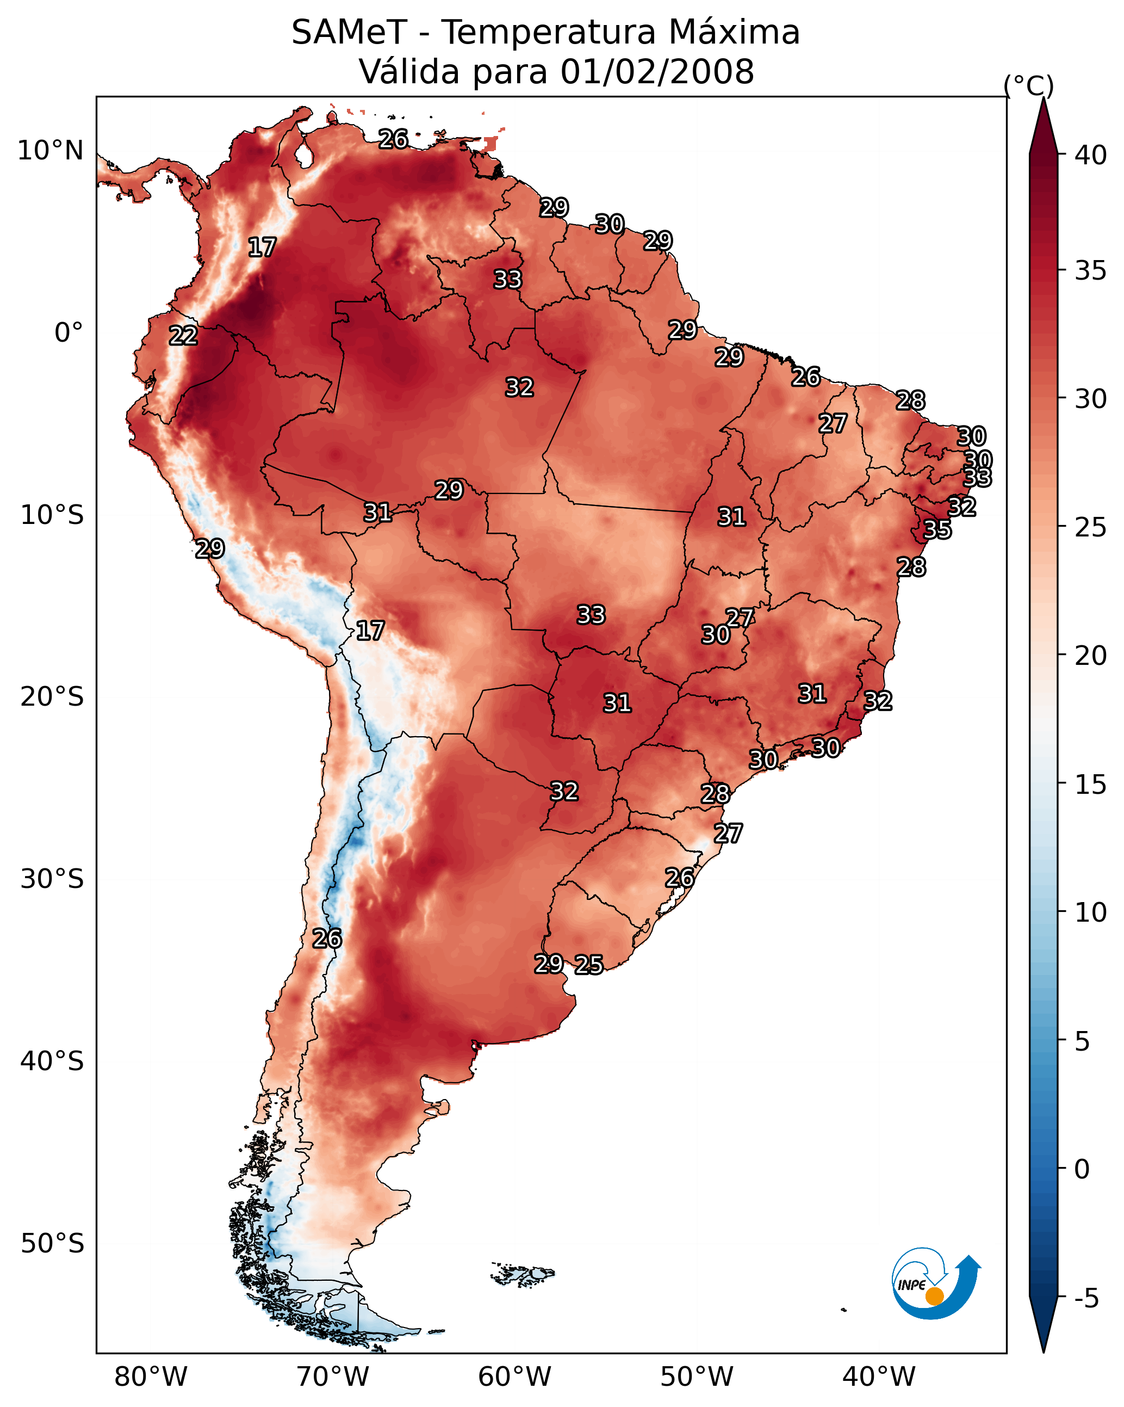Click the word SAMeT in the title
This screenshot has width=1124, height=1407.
click(x=349, y=33)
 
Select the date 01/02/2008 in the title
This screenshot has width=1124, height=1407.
click(x=657, y=72)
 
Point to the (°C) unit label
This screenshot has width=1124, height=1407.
click(x=1029, y=85)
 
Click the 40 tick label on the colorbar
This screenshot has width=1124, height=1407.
click(x=1091, y=155)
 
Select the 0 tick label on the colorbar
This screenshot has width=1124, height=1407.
click(x=1082, y=1170)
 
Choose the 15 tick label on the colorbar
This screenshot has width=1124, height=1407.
click(x=1091, y=785)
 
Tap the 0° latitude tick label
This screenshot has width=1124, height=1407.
click(x=69, y=333)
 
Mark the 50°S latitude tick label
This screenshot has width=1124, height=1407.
click(x=52, y=1244)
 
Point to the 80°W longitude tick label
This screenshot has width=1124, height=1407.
click(x=151, y=1377)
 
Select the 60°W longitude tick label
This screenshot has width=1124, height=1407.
click(x=515, y=1377)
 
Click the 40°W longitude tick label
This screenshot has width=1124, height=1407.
click(x=879, y=1377)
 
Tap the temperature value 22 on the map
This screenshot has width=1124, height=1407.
click(x=183, y=336)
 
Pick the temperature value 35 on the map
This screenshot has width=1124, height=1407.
click(x=937, y=529)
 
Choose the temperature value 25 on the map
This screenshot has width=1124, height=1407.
click(x=589, y=964)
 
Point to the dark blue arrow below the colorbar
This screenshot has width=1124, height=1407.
click(x=1043, y=1325)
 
